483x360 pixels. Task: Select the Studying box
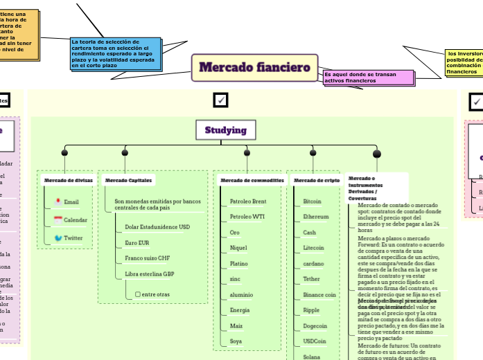[225, 130]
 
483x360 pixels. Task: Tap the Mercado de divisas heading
[69, 180]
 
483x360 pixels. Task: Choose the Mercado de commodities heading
[252, 180]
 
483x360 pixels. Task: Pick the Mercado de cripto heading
[317, 180]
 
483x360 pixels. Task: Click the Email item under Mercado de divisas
[71, 202]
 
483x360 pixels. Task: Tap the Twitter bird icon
[58, 237]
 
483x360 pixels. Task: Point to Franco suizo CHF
[147, 258]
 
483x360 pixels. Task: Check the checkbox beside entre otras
[137, 294]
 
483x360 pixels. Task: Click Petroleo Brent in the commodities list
[247, 201]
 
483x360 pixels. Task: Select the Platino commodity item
[239, 264]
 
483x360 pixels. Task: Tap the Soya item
[236, 341]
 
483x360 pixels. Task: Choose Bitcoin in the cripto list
[312, 201]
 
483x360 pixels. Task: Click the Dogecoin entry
[315, 325]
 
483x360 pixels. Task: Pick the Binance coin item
[319, 294]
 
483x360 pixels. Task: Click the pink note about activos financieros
[368, 77]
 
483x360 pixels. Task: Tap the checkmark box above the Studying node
[221, 101]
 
